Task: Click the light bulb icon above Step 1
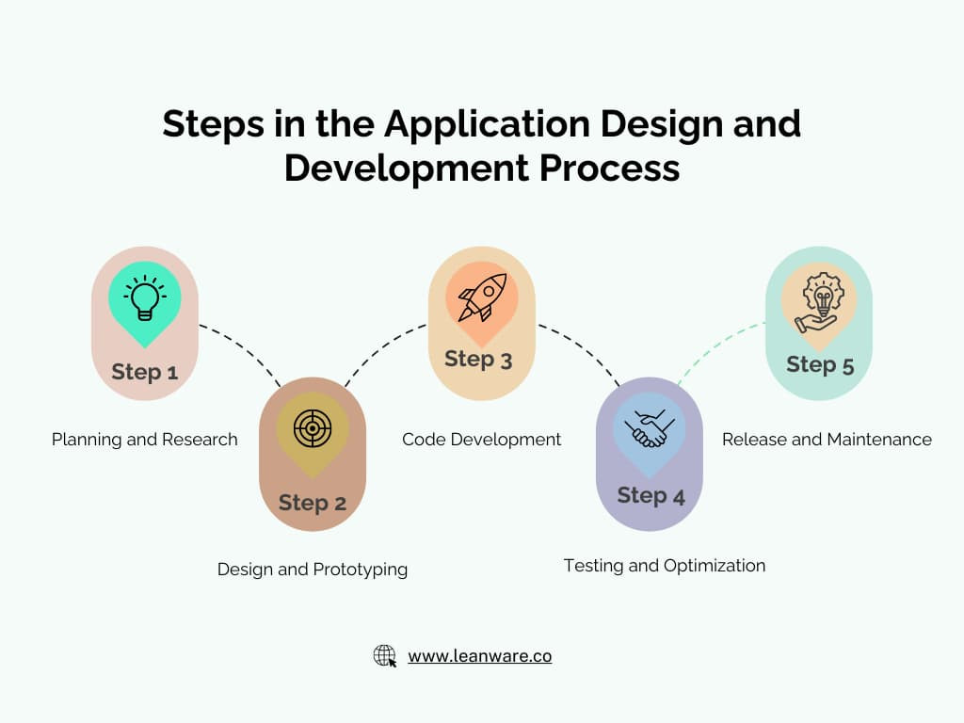click(144, 297)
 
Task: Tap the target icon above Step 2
click(313, 428)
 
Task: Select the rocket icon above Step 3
click(482, 297)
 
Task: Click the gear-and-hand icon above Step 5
click(819, 299)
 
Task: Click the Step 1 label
click(144, 372)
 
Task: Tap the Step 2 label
click(313, 503)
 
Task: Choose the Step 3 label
click(478, 359)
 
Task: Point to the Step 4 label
click(651, 495)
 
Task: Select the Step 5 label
click(820, 364)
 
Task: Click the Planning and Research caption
click(144, 440)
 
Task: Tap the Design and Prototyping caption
click(313, 570)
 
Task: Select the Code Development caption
click(481, 440)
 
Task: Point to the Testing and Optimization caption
click(665, 566)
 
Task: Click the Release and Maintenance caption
click(827, 440)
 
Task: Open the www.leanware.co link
click(479, 656)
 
